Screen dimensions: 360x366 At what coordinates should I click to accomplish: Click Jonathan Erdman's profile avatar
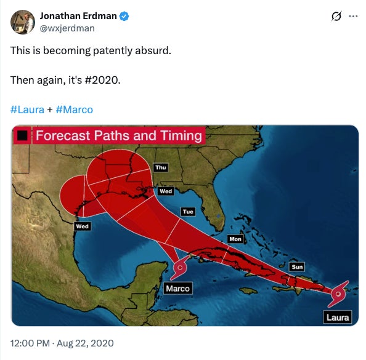[x=22, y=22]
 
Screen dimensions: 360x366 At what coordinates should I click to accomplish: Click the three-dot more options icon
[x=353, y=17]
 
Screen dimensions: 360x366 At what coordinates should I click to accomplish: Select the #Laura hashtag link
[x=27, y=110]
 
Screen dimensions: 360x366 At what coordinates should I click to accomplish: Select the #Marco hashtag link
[x=74, y=110]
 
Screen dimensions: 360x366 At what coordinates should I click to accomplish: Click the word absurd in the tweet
[x=152, y=50]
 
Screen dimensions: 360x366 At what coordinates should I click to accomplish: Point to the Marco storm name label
[x=178, y=288]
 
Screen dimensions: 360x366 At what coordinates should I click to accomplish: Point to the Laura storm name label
[x=338, y=318]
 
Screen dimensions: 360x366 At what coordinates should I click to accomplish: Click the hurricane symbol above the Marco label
[x=180, y=268]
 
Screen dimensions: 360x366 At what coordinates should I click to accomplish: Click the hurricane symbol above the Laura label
[x=338, y=295]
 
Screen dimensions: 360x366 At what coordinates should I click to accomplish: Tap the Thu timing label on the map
[x=161, y=167]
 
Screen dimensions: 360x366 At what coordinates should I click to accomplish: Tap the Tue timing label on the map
[x=188, y=212]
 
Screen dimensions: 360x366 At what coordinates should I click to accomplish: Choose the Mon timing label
[x=235, y=239]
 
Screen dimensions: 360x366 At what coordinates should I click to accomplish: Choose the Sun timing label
[x=297, y=267]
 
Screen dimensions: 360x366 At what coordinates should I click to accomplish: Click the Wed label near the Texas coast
[x=82, y=226]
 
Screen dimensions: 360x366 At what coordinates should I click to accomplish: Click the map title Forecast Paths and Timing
[x=118, y=135]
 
